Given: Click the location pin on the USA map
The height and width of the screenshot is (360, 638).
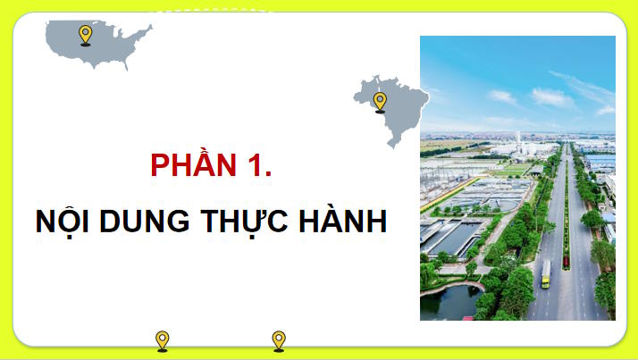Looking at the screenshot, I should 85,35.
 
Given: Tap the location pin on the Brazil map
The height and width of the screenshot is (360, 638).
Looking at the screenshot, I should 380,101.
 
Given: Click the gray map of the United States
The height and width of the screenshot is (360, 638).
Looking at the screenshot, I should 107,43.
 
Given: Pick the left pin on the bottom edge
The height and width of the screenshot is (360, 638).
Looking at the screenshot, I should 162,340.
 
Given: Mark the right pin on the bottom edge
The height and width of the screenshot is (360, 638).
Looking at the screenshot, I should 279,340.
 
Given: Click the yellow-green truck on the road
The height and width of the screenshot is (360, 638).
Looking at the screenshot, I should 545,274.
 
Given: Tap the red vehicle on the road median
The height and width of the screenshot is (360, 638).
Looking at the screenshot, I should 566,262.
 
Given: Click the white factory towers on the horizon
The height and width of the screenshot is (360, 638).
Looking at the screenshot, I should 518,141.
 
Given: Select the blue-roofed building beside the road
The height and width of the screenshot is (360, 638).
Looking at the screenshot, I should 600,162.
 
